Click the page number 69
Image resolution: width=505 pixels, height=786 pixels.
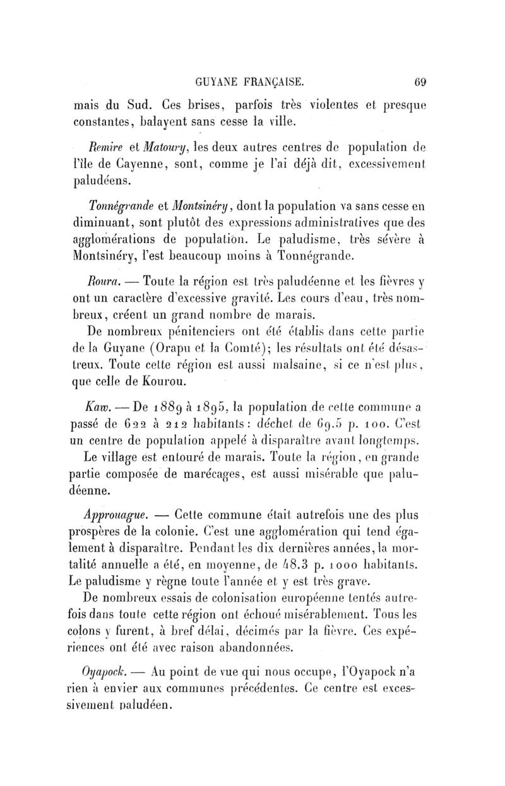[421, 81]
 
